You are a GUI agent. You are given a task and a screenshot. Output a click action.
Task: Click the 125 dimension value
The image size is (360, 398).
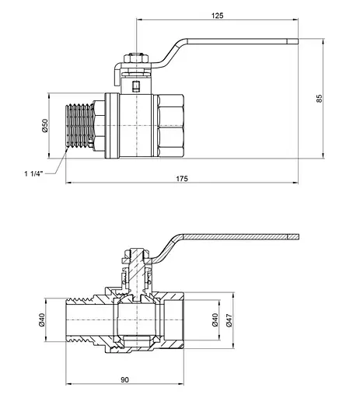click(x=217, y=16)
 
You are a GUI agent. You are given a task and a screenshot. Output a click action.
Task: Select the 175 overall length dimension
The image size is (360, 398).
click(x=182, y=179)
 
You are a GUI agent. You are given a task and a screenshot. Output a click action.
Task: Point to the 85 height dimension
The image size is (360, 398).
click(x=320, y=99)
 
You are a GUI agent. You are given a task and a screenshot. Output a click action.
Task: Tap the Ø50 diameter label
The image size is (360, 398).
click(x=45, y=126)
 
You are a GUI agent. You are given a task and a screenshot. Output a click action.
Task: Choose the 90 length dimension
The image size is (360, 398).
click(x=124, y=380)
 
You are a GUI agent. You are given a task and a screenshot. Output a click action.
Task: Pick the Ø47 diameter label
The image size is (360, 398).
click(x=229, y=320)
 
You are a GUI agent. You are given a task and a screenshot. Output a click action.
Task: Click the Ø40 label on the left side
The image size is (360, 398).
click(x=42, y=319)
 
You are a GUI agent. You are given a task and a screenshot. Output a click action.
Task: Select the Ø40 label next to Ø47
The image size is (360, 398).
click(x=215, y=319)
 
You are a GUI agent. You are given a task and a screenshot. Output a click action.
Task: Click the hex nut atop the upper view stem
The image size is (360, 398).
click(x=136, y=58)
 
